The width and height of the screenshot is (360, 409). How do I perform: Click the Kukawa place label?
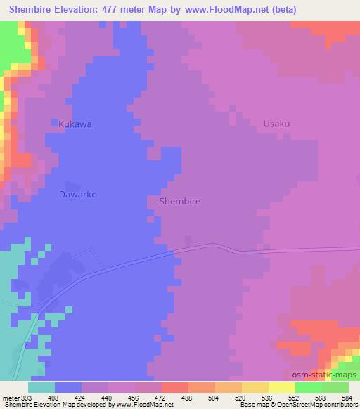click(75, 124)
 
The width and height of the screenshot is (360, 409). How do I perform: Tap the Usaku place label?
click(276, 124)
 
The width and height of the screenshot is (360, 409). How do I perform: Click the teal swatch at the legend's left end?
click(41, 387)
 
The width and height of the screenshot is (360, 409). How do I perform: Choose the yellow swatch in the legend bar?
click(282, 387)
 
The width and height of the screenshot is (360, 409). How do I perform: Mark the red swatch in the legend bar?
click(175, 387)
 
